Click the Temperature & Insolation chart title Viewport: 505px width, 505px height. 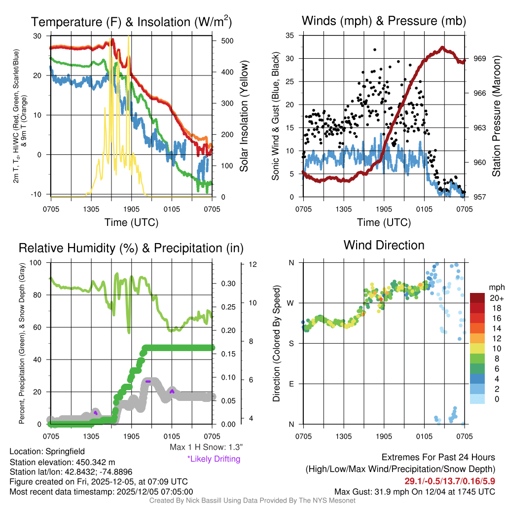coord(131,22)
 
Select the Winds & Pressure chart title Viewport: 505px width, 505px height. coord(384,21)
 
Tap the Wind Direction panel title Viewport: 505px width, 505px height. coord(384,245)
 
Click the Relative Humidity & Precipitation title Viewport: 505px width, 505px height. coord(131,248)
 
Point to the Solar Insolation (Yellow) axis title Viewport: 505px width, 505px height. coord(244,116)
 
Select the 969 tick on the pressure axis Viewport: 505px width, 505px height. coord(480,58)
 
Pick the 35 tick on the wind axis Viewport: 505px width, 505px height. coord(290,36)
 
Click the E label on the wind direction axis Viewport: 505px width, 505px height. coord(291,384)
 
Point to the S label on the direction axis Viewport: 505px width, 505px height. coord(291,343)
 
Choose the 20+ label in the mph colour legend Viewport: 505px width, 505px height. coord(496,298)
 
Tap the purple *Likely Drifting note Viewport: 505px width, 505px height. coord(213,459)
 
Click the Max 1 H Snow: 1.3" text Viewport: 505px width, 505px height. coord(206,447)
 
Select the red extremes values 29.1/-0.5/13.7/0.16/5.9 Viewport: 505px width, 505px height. coord(450,480)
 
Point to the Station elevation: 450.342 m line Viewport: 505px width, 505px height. coord(62,462)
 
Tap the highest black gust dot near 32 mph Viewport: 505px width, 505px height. coord(375,50)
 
